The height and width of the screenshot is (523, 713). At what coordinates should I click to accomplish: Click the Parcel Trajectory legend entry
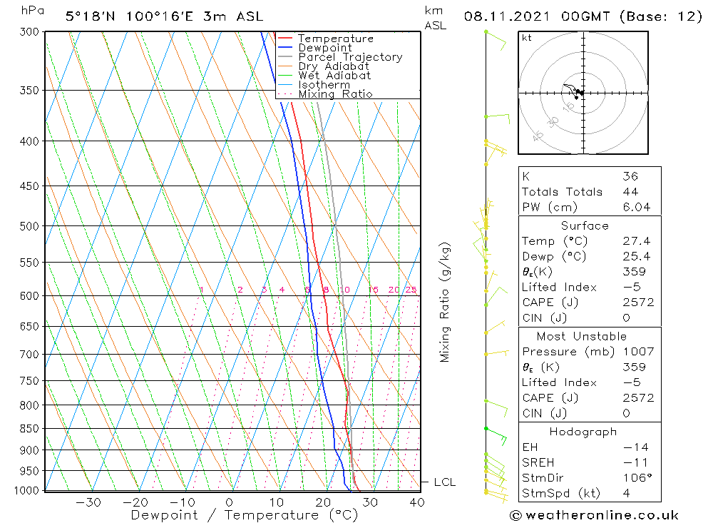349,57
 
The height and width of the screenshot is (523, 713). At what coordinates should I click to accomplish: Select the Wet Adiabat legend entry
334,76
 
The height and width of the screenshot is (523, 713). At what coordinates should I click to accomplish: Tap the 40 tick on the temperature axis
417,502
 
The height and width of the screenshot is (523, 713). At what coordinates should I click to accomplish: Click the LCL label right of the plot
444,482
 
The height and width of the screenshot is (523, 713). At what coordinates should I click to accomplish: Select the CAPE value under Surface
637,303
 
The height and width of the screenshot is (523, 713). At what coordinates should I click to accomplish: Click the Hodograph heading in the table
583,432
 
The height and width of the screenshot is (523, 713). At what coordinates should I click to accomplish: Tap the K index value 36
630,176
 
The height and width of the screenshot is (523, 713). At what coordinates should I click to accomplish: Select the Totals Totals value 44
630,191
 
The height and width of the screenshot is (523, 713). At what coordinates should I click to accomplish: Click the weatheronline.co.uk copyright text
594,515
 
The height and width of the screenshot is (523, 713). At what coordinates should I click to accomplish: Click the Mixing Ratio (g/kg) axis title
445,302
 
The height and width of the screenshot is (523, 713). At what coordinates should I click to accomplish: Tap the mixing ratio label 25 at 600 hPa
411,290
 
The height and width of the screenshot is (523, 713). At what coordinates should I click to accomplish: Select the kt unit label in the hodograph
527,38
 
